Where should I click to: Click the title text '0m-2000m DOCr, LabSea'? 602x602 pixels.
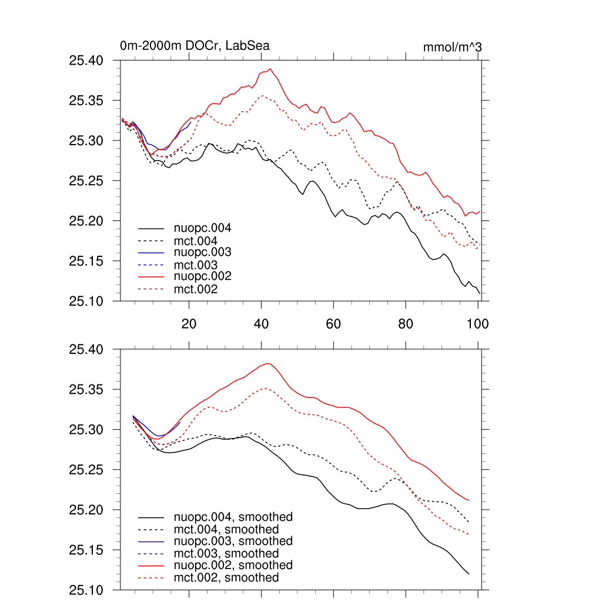(195, 46)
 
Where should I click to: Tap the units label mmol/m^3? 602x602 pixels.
(452, 47)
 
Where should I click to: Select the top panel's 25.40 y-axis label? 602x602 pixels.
(86, 61)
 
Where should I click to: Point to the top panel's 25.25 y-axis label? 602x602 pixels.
(86, 180)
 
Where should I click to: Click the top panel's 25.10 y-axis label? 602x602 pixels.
(86, 301)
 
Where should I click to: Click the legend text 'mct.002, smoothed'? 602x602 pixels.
(226, 578)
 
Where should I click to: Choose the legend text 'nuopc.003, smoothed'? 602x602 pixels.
(233, 541)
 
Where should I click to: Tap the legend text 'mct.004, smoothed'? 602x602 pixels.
(226, 529)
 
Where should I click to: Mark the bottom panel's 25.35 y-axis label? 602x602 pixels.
(86, 390)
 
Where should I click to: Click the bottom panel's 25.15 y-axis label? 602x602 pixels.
(86, 550)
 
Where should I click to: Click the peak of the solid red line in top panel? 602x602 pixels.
(270, 69)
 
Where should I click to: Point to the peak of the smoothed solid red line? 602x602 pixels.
(268, 363)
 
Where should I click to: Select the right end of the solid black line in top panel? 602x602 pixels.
(480, 293)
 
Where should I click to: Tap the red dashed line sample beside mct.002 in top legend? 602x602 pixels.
(151, 289)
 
